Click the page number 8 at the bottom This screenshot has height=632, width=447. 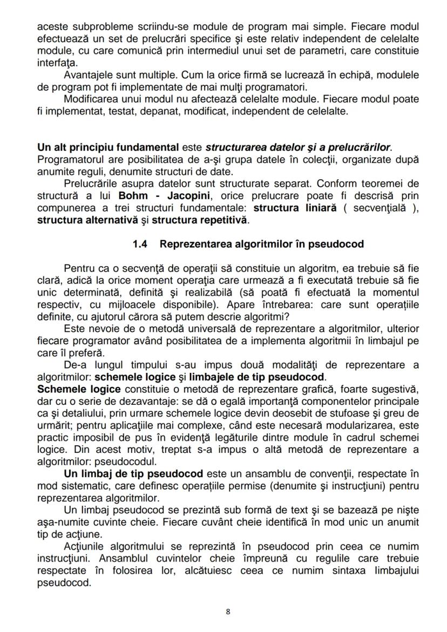point(228,611)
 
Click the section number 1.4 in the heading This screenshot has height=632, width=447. point(140,244)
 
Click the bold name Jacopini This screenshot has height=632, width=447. point(182,195)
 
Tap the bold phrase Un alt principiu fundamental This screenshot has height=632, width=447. point(107,147)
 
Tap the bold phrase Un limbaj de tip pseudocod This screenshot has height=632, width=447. point(133,474)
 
